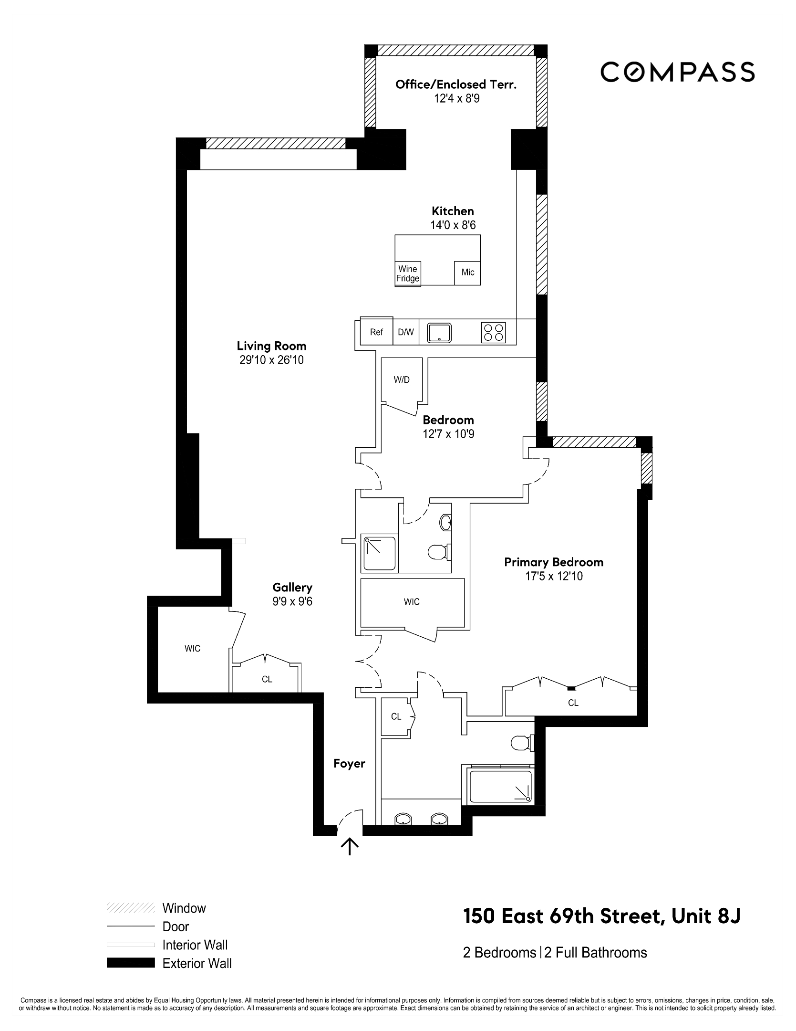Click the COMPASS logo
point(677,72)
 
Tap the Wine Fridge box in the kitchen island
point(408,274)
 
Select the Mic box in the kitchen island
point(467,273)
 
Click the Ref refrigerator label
point(376,332)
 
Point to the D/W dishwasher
point(406,332)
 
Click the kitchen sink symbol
point(439,332)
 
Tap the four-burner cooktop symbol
point(494,332)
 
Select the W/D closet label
point(402,380)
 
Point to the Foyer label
point(349,764)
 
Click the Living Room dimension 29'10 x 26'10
point(271,360)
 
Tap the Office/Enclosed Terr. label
point(456,84)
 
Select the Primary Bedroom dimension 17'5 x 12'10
point(554,576)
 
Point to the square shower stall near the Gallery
point(380,554)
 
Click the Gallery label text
point(292,588)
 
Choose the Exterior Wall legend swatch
point(131,963)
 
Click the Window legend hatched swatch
point(131,907)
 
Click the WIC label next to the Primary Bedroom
point(412,602)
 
